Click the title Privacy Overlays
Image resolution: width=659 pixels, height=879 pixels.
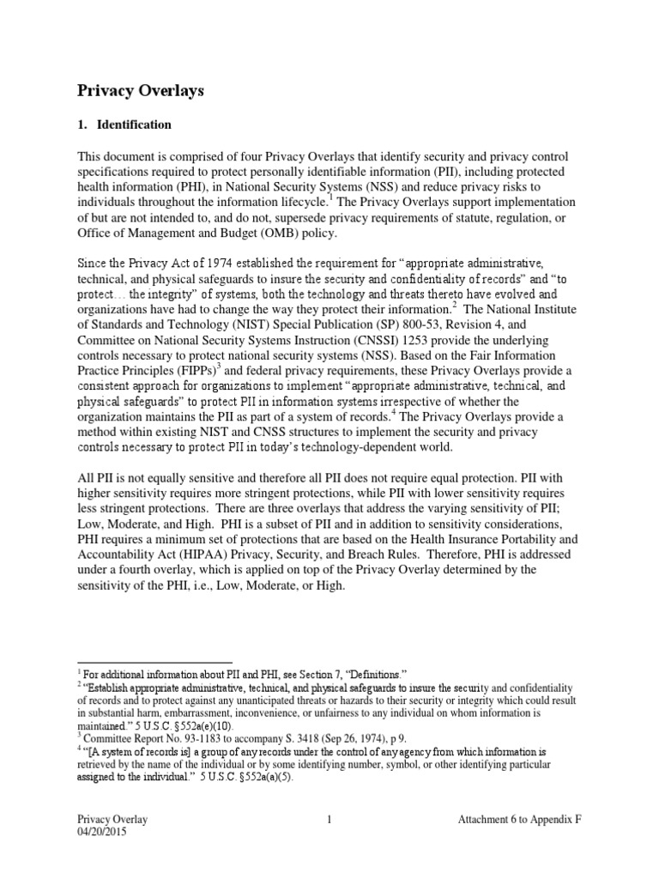coord(141,90)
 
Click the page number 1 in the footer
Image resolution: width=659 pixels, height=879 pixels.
coord(329,820)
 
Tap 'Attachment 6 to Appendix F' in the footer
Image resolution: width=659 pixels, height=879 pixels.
coord(519,820)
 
